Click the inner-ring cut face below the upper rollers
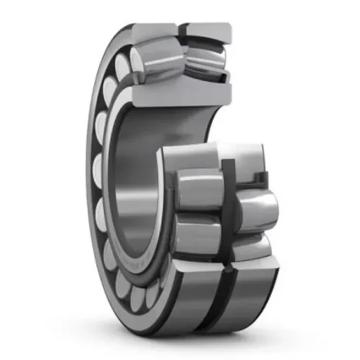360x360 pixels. point(180,94)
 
